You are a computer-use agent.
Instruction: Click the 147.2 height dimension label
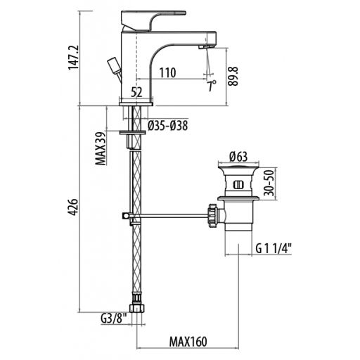click(x=74, y=58)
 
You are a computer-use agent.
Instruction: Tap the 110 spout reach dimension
click(x=167, y=72)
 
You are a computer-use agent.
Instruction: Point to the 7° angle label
click(x=212, y=86)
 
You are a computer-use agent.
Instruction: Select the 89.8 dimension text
click(x=233, y=77)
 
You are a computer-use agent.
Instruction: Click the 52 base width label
click(x=136, y=92)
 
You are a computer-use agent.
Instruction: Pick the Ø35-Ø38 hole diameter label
click(x=168, y=126)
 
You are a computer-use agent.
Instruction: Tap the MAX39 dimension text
click(x=101, y=148)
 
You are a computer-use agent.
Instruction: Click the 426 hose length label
click(x=73, y=207)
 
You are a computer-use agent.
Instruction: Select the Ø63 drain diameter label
click(x=238, y=157)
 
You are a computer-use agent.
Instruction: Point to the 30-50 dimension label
click(x=269, y=183)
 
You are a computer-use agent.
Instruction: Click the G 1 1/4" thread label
click(x=274, y=249)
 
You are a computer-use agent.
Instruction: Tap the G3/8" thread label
click(x=113, y=318)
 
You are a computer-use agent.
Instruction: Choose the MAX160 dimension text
click(x=188, y=342)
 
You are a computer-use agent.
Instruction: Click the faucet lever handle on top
click(x=153, y=20)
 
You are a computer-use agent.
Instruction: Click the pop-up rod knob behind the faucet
click(x=114, y=65)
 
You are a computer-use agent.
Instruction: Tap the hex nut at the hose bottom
click(x=136, y=308)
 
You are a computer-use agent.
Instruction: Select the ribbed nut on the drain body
click(x=212, y=216)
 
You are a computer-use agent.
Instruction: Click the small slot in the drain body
click(x=238, y=185)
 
